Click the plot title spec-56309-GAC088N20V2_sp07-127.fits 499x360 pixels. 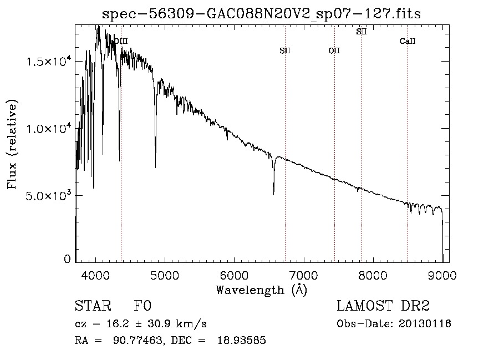[261, 14]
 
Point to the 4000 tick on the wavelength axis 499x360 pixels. [95, 275]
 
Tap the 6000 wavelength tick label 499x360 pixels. [234, 275]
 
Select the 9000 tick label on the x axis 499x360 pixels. [442, 275]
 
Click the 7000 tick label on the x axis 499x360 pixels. [303, 275]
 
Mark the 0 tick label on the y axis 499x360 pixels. [67, 259]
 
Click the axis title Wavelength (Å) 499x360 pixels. [262, 290]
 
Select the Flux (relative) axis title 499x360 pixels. [12, 144]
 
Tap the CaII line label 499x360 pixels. [408, 41]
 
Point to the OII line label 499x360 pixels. [334, 50]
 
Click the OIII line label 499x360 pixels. [121, 41]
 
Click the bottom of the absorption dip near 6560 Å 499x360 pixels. [274, 194]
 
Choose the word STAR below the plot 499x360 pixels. [93, 306]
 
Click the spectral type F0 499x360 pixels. [142, 306]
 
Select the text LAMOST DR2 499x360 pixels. [383, 306]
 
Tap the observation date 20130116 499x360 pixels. [425, 324]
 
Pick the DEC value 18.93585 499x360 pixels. [242, 340]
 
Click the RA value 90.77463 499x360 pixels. [138, 340]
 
